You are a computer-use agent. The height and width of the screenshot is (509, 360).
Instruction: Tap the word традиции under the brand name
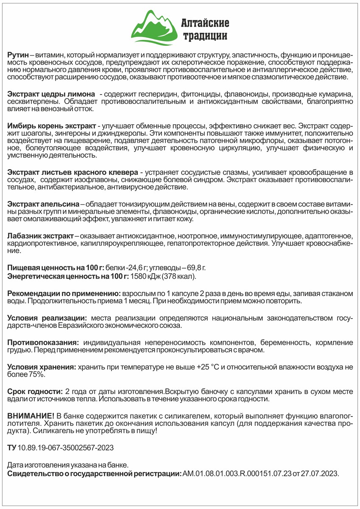[204, 36]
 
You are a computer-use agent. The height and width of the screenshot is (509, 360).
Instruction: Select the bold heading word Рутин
[18, 56]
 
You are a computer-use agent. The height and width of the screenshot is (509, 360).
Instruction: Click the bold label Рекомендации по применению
[64, 294]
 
